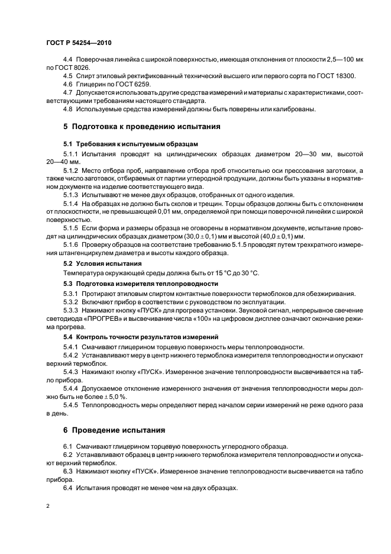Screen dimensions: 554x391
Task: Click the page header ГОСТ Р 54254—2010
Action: point(78,44)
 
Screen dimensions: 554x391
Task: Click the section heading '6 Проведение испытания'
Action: point(114,429)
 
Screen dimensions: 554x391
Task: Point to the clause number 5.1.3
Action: point(70,194)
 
